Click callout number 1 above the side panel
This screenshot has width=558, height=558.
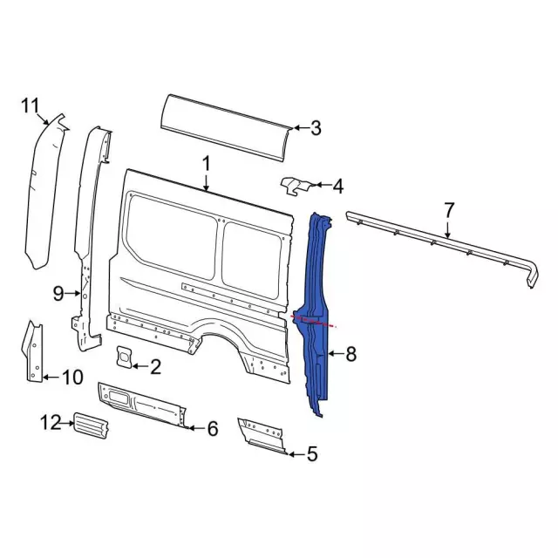point(207,163)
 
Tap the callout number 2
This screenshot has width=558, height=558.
point(155,367)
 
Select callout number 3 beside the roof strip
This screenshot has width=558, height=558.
point(316,129)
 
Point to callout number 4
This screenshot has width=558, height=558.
point(337,186)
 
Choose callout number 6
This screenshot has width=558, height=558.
point(211,428)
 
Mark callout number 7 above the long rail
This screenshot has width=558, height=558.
point(449,210)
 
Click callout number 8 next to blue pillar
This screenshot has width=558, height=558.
point(351,354)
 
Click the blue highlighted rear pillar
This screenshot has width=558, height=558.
point(316,305)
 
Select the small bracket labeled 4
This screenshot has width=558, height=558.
point(295,185)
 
